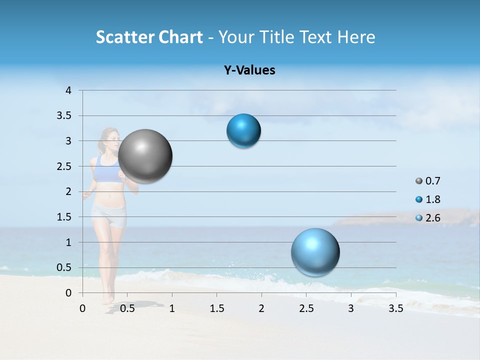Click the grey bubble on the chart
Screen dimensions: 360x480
coord(145,156)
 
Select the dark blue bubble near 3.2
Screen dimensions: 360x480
coord(243,131)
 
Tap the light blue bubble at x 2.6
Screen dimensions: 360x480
coord(315,252)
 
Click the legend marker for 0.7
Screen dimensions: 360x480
coord(419,181)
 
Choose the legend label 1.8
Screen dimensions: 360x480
coord(433,199)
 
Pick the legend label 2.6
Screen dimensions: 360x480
coord(433,218)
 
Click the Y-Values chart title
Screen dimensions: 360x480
coord(249,70)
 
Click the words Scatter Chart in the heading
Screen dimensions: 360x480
coord(149,37)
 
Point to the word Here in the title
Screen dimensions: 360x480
coord(356,37)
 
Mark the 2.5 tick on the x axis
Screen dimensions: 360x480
coord(306,308)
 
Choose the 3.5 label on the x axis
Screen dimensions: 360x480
coord(395,308)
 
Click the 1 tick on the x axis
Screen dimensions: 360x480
coord(172,308)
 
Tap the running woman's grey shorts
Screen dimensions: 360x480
coord(108,216)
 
